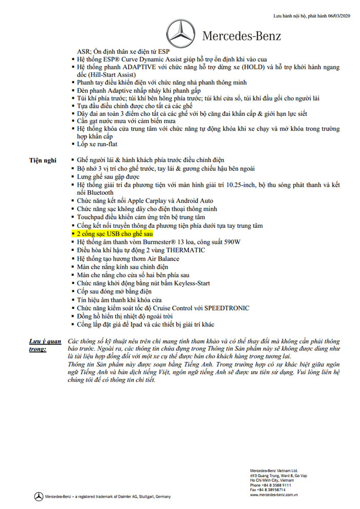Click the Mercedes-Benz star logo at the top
tap(179, 35)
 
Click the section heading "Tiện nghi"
tap(43, 160)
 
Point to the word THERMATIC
tap(183, 250)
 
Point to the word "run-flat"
tap(106, 144)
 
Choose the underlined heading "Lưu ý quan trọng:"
tap(45, 345)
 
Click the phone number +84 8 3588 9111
tap(271, 484)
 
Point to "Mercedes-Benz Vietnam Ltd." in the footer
tap(274, 470)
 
